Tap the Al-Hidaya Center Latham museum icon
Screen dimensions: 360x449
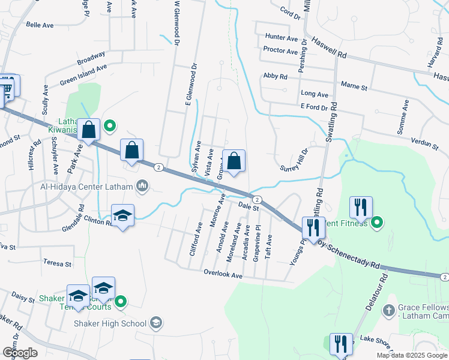[x=142, y=185]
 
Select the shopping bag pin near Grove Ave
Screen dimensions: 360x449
[x=234, y=161]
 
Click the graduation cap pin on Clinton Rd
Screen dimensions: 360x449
[x=122, y=216]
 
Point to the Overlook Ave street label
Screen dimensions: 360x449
[x=222, y=275]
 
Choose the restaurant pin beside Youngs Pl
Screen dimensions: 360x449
[x=313, y=228]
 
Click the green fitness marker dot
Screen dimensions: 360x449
[x=377, y=224]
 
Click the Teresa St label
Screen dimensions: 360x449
[x=57, y=263]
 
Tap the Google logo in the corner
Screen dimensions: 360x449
[x=19, y=353]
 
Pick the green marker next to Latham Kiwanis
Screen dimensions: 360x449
[x=110, y=126]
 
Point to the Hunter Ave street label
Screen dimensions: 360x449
[x=282, y=38]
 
